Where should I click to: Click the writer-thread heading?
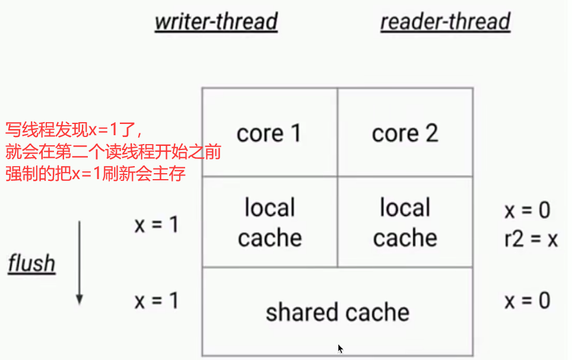coord(216,21)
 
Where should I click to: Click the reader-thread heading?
coord(445,21)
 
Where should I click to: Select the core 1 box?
coord(269,133)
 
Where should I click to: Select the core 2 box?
coord(405,133)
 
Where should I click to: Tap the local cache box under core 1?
coord(269,222)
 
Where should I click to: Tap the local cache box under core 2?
coord(405,222)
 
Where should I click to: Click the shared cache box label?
coord(337,312)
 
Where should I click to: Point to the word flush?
coord(31,263)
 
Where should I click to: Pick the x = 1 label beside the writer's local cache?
coord(156,225)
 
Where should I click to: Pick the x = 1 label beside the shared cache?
coord(156,301)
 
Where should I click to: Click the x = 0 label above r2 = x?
coord(527,210)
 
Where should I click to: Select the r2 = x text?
coord(530,239)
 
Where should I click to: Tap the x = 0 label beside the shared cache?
coord(527,301)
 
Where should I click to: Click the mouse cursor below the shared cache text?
coord(341,349)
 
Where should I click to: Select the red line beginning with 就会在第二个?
coord(113,152)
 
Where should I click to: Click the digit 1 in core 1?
coord(294,133)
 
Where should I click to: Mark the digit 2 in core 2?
coord(430,133)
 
